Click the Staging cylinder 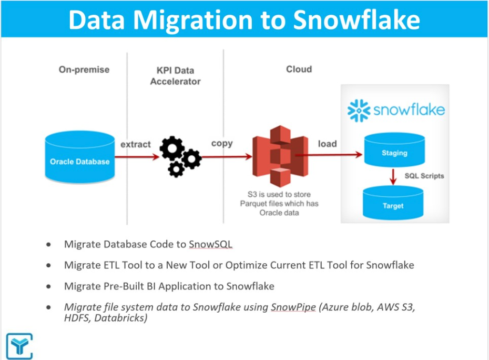[394, 153]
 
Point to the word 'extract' [135, 144]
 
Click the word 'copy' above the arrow [222, 144]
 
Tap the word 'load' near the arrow [327, 144]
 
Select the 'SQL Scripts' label [424, 176]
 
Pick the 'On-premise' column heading [84, 69]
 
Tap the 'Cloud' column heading [299, 69]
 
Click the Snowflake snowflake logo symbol [359, 111]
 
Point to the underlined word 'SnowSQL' [211, 244]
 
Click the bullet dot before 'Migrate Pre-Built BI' [49, 287]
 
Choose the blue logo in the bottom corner [19, 346]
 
